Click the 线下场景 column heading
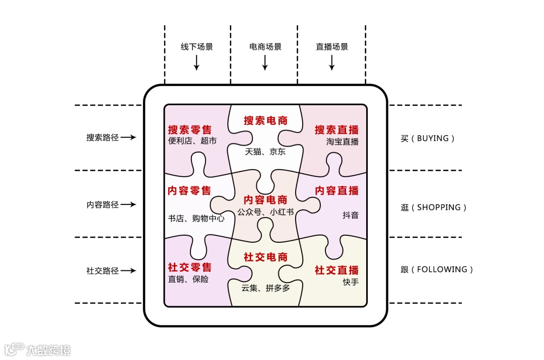coord(197,47)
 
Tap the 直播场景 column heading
coord(332,47)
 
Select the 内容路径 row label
coord(102,204)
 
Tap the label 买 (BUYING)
coord(428,138)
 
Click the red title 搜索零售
coord(189,130)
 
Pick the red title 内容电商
coord(265,200)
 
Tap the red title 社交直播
coord(337,270)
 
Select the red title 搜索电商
coord(265,120)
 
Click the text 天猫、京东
coord(265,151)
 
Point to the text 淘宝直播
coord(343,141)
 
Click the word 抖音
coord(351,215)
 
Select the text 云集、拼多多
coord(265,287)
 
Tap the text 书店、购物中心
coord(196,219)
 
